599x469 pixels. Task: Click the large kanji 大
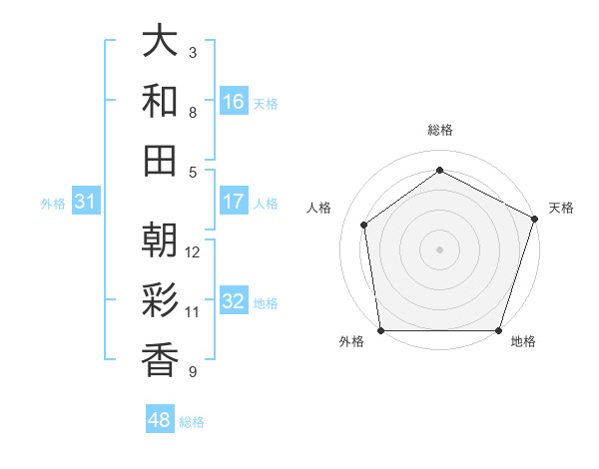click(161, 42)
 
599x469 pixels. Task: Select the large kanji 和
click(161, 101)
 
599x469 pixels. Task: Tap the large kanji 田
click(161, 160)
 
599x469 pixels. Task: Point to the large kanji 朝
click(161, 240)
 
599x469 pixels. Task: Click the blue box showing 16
click(234, 102)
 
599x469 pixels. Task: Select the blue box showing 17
click(234, 202)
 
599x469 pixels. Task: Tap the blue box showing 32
click(234, 302)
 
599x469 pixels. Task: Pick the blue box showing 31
click(86, 202)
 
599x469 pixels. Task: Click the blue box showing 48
click(160, 420)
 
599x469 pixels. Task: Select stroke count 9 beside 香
click(193, 372)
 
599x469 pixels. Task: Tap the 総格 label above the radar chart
click(440, 130)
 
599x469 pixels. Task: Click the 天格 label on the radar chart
click(561, 208)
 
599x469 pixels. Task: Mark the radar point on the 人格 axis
click(364, 225)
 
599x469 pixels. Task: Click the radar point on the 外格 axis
click(380, 330)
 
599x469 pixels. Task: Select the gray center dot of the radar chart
click(440, 248)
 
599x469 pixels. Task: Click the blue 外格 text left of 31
click(53, 203)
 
